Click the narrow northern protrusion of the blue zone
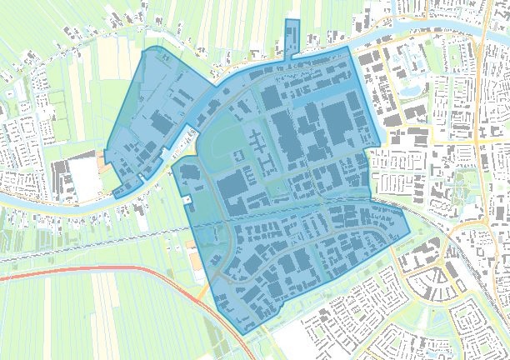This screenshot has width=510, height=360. pos(292,37)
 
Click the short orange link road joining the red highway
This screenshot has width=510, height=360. pos(202,291)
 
